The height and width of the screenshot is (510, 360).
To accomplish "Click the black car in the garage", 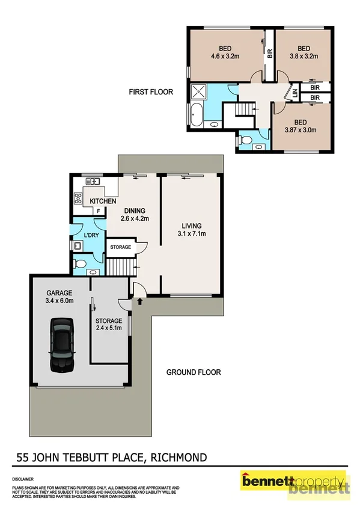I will pyautogui.click(x=62, y=344).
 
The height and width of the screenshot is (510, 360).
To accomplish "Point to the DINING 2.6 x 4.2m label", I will pyautogui.click(x=135, y=215).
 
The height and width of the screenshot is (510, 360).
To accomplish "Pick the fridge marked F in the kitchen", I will pyautogui.click(x=99, y=212).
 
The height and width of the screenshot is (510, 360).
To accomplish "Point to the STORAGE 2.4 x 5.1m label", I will pyautogui.click(x=109, y=325).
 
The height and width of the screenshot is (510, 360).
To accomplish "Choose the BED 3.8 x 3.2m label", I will pyautogui.click(x=304, y=52).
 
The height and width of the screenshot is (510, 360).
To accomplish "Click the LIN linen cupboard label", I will pyautogui.click(x=295, y=93).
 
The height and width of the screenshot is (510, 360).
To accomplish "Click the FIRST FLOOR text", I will pyautogui.click(x=150, y=92).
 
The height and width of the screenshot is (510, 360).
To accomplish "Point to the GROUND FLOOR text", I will pyautogui.click(x=194, y=372).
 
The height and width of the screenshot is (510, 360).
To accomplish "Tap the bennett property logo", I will pyautogui.click(x=294, y=483).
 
